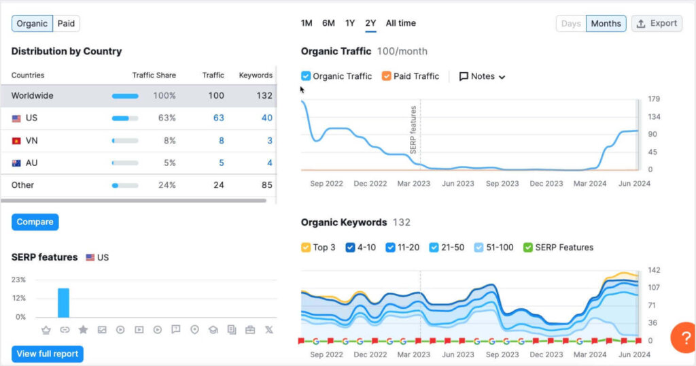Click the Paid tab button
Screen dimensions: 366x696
(66, 24)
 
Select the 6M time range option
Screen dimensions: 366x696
(328, 23)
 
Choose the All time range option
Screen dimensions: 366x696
(400, 23)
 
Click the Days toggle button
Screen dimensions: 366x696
(571, 24)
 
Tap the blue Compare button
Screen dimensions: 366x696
(35, 222)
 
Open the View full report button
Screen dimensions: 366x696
(47, 354)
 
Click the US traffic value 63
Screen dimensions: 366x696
(218, 118)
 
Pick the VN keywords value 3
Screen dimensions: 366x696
(269, 140)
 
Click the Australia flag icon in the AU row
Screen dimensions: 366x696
(16, 163)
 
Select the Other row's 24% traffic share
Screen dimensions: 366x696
(164, 185)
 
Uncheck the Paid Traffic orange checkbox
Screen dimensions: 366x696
(386, 76)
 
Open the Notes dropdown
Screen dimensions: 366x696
(483, 76)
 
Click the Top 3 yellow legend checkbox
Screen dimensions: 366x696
(306, 248)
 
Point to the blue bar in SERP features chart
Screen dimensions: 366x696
(63, 303)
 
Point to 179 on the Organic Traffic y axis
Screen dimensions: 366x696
(654, 99)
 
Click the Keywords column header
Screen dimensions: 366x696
(256, 76)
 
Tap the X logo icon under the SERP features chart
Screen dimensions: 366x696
(268, 330)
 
